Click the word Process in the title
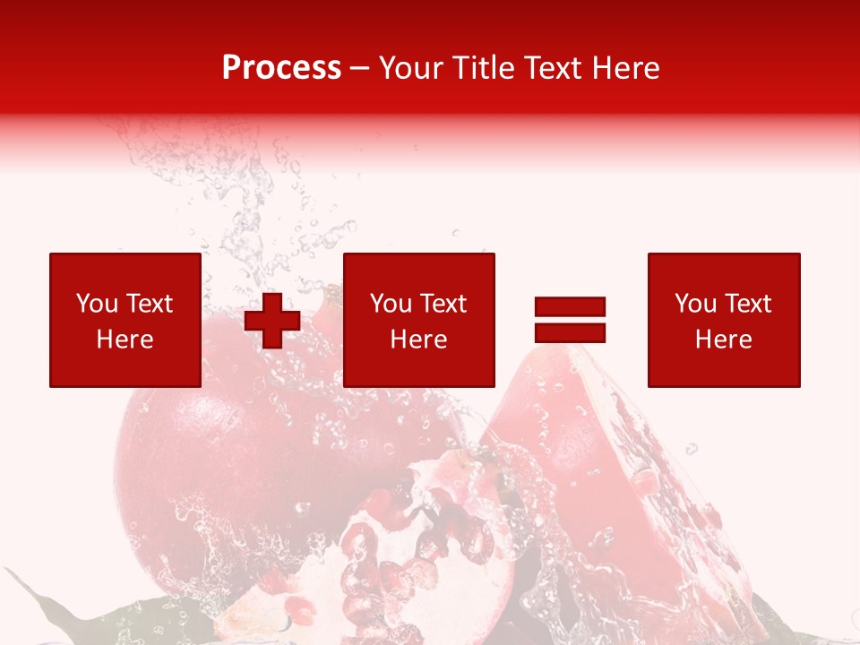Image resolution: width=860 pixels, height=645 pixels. tap(281, 67)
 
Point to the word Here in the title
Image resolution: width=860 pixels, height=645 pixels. tap(625, 67)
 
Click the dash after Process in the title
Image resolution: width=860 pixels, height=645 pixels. tap(360, 69)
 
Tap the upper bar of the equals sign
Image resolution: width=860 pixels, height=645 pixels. tap(570, 307)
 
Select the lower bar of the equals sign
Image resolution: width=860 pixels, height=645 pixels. tap(570, 332)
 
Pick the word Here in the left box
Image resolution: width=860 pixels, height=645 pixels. tap(125, 340)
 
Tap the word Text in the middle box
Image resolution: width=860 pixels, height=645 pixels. tap(442, 304)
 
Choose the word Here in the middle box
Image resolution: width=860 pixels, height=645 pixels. tap(418, 340)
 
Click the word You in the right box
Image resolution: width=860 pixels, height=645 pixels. tap(696, 304)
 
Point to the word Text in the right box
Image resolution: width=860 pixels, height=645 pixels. tap(746, 304)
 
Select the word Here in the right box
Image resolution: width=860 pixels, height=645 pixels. tap(723, 340)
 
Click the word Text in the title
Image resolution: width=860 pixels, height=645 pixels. tap(554, 67)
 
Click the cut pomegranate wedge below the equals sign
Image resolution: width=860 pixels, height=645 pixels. tap(609, 475)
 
